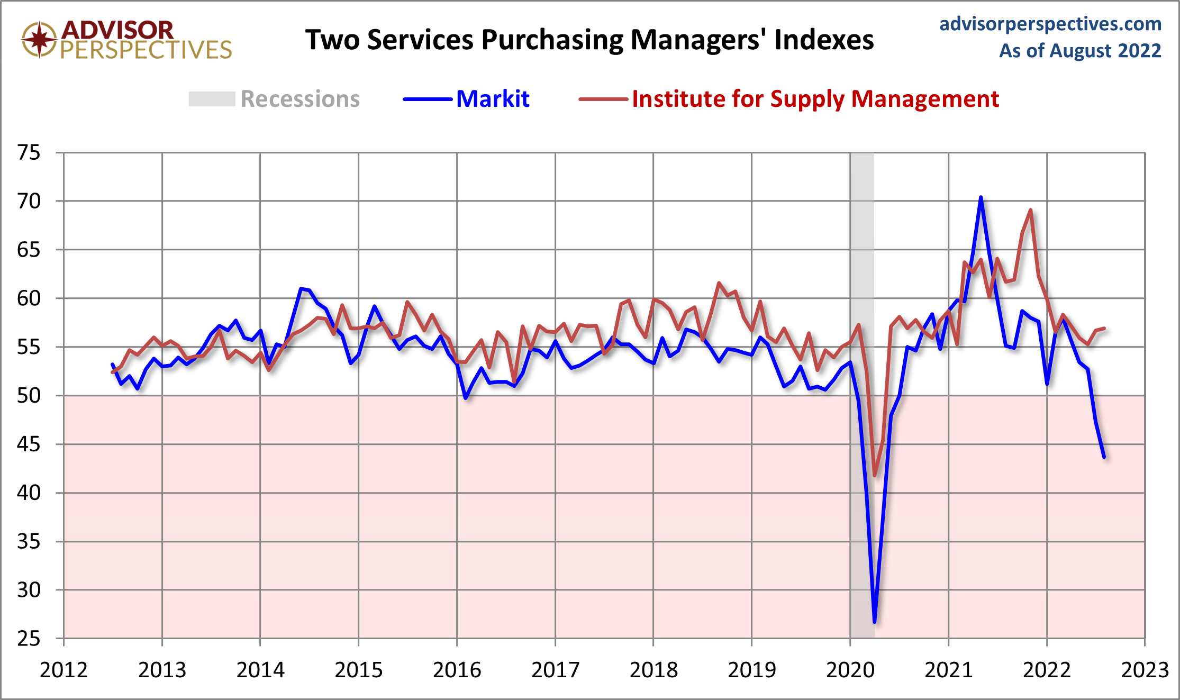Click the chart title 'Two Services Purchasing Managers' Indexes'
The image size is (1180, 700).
(x=589, y=40)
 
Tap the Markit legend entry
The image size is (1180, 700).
(x=492, y=99)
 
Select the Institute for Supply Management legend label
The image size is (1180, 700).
(x=815, y=99)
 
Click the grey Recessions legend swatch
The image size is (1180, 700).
(x=212, y=99)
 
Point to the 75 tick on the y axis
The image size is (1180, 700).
(x=29, y=153)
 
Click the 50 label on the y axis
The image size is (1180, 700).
(x=29, y=396)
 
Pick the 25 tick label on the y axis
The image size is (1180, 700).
(x=29, y=639)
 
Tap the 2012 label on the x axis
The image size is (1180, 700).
(x=64, y=670)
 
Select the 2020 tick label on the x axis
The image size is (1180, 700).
(x=850, y=670)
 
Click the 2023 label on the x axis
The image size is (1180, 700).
(x=1145, y=670)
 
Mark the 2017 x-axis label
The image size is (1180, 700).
(x=555, y=670)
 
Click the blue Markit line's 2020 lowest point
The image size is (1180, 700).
(x=875, y=622)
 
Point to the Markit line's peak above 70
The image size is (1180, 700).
(x=981, y=197)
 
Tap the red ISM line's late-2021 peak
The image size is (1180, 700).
(x=1030, y=211)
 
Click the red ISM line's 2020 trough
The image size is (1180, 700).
(x=875, y=475)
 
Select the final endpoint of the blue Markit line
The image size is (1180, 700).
(x=1104, y=457)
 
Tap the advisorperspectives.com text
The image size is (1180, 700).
(x=1050, y=24)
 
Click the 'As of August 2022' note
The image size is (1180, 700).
(x=1079, y=51)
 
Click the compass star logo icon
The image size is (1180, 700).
(x=39, y=39)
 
